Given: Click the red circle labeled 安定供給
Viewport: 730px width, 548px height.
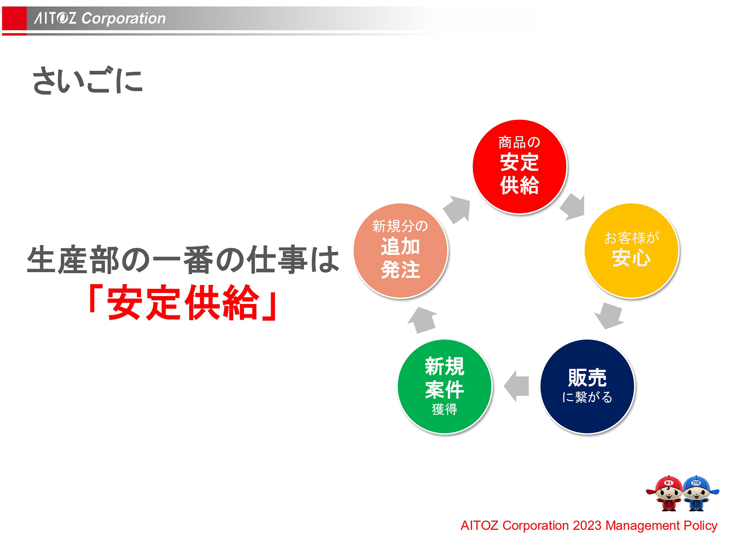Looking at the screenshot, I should pos(519,167).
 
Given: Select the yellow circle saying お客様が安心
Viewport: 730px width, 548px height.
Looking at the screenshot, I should pos(631,251).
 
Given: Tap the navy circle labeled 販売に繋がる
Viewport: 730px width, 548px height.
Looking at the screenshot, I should pos(587,386).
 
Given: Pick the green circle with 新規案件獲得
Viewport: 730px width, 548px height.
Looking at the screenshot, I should pos(444,386).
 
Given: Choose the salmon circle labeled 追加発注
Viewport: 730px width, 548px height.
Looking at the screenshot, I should pos(401,251).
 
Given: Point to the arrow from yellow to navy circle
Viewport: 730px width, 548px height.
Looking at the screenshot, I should pos(609,315).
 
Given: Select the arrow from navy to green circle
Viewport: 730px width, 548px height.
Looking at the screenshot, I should pos(516,386).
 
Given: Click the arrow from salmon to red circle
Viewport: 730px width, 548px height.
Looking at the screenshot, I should pos(457,209).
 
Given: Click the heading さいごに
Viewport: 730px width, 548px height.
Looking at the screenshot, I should pos(87,81).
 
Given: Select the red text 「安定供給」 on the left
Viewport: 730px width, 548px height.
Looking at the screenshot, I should pos(182,302).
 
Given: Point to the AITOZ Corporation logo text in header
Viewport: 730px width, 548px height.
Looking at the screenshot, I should pos(100,18).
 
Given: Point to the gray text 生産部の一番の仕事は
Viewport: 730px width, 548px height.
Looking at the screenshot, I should pos(182,260).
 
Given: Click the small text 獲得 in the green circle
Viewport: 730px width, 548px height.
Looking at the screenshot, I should pos(444,409).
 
